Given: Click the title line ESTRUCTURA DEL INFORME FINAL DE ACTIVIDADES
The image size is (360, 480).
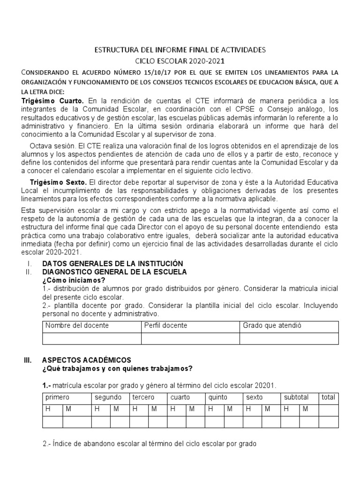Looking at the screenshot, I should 180,49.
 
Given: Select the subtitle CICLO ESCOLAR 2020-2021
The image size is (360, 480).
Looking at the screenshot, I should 180,61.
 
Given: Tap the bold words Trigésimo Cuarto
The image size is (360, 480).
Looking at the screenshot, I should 52,101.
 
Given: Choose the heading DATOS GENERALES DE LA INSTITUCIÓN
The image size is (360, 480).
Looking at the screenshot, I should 112,263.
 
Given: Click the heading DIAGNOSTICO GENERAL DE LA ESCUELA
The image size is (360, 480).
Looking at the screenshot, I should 114,272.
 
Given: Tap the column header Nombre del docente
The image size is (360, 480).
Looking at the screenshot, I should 77,325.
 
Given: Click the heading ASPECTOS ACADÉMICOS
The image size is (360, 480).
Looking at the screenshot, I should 87,360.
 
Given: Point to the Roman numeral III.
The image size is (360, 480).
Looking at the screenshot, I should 27,360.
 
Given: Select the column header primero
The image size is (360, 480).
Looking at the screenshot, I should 57,397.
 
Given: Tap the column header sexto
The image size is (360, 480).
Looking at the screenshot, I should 255,397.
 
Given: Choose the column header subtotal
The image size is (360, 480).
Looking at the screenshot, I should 296,397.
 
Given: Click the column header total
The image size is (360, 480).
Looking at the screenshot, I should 328,397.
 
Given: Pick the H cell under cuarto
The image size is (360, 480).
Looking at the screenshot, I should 172,409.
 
